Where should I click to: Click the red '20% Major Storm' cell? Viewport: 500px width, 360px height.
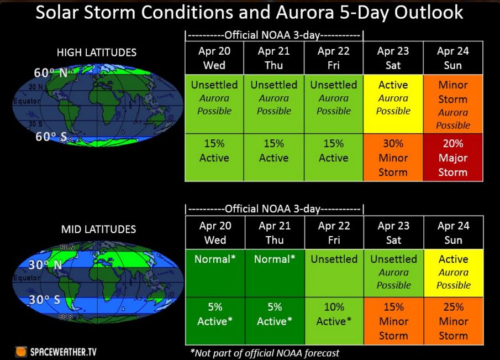coord(453,158)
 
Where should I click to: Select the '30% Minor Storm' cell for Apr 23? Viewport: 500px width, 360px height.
coord(393,158)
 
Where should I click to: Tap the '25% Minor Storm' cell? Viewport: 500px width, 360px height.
coord(454,321)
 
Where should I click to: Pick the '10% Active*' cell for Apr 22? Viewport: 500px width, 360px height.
coord(334,321)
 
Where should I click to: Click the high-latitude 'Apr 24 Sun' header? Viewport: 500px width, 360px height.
coord(453,58)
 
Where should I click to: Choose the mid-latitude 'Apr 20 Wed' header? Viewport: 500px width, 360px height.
coord(215,233)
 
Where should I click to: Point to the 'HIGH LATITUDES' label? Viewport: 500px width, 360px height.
coord(97,53)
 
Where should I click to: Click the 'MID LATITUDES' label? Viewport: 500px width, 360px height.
coord(98,229)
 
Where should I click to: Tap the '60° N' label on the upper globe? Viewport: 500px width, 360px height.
coord(51,73)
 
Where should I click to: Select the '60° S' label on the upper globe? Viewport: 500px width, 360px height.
coord(51,137)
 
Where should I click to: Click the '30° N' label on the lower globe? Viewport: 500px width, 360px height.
coord(45,265)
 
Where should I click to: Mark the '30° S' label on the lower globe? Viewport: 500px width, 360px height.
coord(44,300)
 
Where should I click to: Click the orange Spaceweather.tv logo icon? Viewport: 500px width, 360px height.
coord(21,352)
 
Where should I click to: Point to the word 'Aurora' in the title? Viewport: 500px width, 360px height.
coord(305,12)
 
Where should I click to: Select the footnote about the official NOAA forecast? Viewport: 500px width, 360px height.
coord(265,353)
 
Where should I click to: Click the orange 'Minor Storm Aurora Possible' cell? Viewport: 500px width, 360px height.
coord(453,104)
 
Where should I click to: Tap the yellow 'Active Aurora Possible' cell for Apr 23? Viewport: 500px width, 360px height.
coord(393,104)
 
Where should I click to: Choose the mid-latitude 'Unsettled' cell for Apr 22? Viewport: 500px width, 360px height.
coord(334,273)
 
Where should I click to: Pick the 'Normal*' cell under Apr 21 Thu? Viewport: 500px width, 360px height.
coord(275,273)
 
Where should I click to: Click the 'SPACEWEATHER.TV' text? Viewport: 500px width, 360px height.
coord(63,352)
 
